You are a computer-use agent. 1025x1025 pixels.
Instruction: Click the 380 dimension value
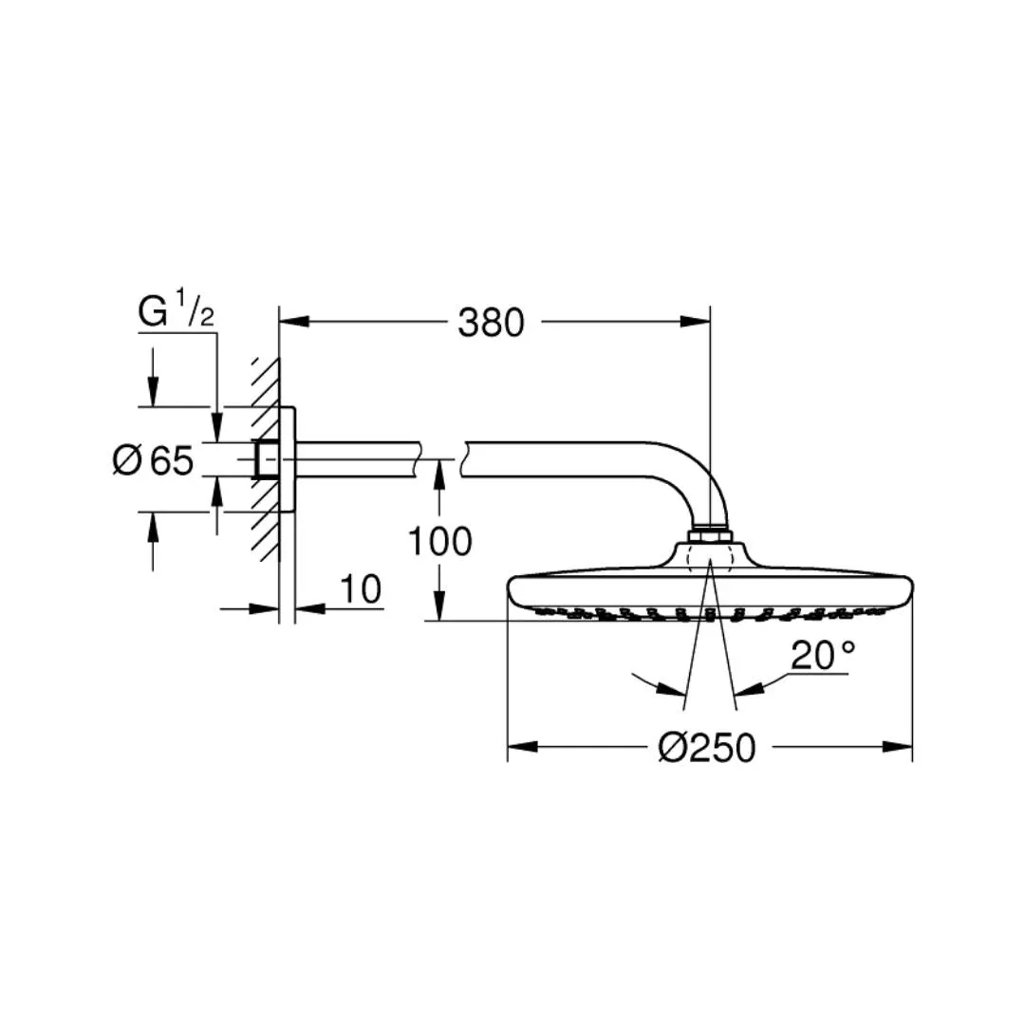491,323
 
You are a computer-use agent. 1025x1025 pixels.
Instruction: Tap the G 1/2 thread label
176,311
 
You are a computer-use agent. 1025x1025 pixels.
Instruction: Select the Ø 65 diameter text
153,459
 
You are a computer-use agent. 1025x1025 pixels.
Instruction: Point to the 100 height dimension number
439,541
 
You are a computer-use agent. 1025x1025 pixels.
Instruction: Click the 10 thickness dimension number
361,589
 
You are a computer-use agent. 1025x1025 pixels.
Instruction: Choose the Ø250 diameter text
707,747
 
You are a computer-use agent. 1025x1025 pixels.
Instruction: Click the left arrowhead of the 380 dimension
294,322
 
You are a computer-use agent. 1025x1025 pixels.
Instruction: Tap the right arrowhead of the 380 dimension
695,322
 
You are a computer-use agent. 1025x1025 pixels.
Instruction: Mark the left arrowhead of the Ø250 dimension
523,747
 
